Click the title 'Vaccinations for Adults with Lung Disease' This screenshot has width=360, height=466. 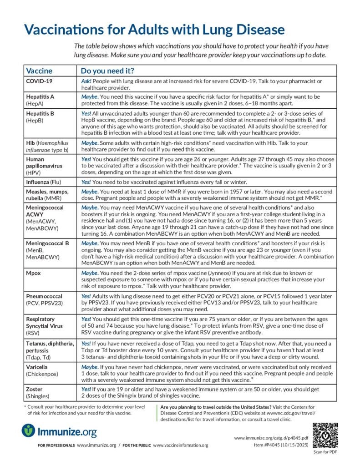[154, 30]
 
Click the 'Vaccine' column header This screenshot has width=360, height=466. [39, 71]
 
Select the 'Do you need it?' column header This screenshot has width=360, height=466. [107, 71]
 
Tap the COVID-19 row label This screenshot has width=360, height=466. [39, 81]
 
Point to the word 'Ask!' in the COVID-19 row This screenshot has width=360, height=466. [86, 81]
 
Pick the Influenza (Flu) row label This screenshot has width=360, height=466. [45, 182]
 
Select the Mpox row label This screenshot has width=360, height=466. [35, 273]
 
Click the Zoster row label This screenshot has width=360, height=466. [35, 389]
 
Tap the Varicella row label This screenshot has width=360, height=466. [37, 367]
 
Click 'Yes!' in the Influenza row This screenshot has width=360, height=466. [86, 182]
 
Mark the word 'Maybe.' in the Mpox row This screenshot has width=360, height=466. [90, 273]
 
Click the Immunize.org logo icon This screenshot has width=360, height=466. [29, 430]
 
